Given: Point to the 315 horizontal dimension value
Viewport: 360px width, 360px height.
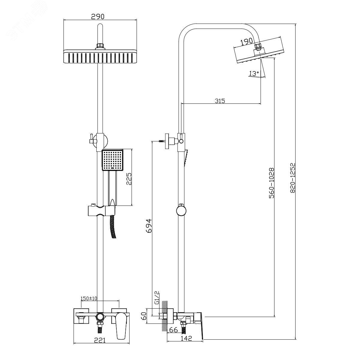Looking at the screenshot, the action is (220, 101).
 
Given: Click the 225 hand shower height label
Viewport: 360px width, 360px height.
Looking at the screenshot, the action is (129, 179).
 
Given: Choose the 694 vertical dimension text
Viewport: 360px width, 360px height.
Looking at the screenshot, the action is (149, 226).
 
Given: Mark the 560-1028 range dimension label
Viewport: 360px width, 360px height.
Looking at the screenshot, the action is (271, 183).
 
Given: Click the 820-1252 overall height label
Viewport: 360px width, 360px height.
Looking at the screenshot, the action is (292, 178).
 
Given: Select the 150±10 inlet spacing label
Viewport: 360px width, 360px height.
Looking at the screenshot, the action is (89, 298).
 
